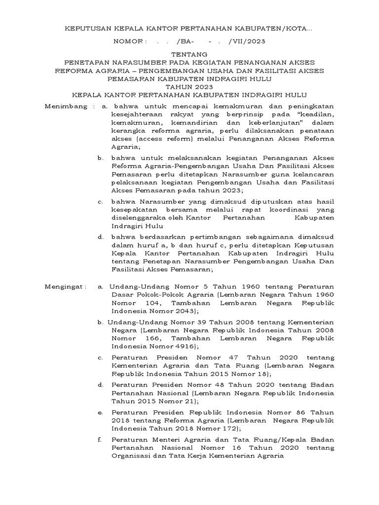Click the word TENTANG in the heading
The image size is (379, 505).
(x=189, y=53)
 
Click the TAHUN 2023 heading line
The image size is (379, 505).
(x=189, y=87)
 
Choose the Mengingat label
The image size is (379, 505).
(x=65, y=286)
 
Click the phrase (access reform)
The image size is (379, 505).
(x=157, y=139)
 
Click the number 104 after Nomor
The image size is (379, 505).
(x=148, y=303)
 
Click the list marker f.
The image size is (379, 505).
(x=101, y=439)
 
